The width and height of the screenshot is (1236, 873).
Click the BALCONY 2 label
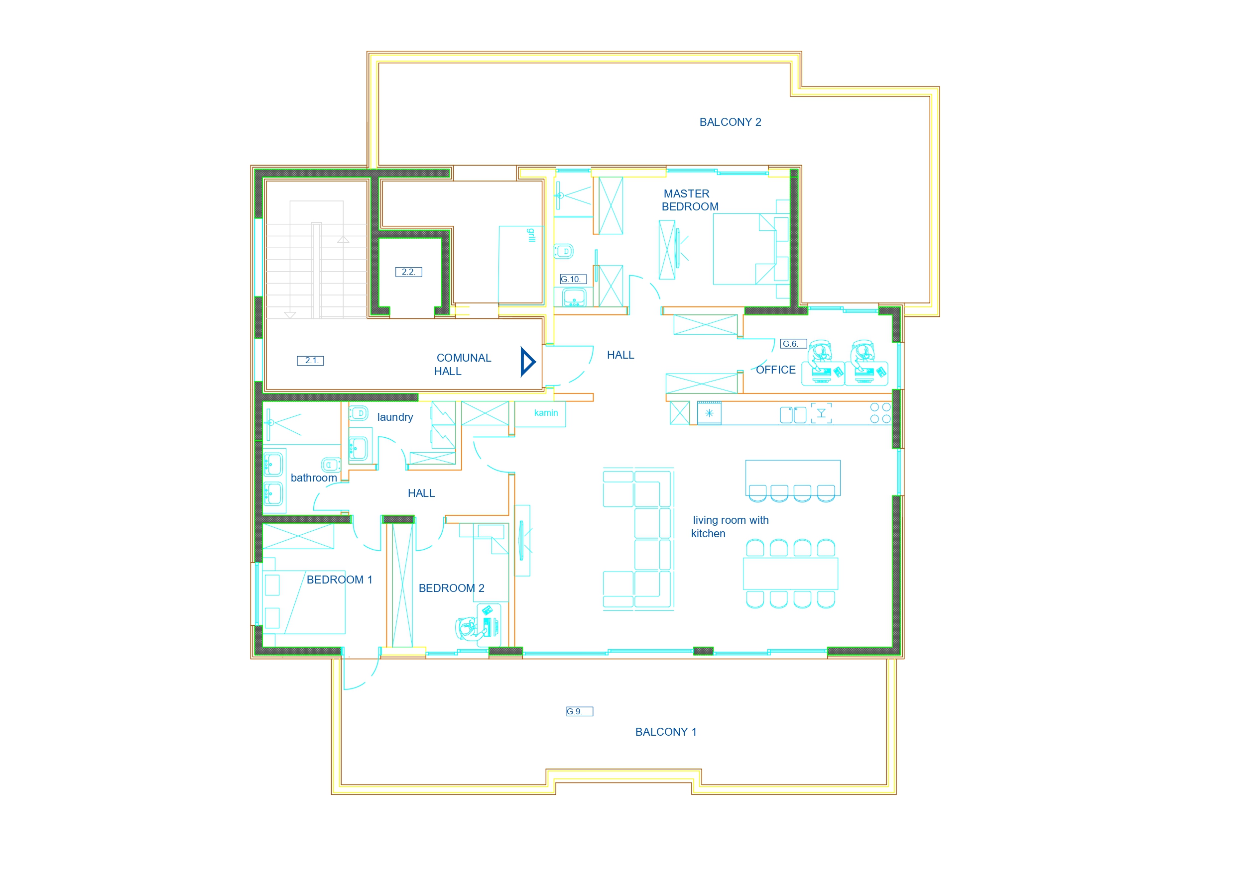click(x=730, y=122)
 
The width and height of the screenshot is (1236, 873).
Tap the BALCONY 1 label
click(x=666, y=732)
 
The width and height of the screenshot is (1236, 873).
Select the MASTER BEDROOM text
click(x=690, y=200)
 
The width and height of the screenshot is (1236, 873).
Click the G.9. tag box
click(x=579, y=712)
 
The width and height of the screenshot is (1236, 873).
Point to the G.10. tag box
click(x=573, y=279)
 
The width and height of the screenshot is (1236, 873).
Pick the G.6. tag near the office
click(x=793, y=344)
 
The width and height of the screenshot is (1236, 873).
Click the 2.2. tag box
click(x=408, y=272)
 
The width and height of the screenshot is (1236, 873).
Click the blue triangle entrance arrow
click(x=527, y=362)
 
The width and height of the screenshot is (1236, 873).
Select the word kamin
click(x=546, y=413)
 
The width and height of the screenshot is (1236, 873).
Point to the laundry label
click(x=395, y=417)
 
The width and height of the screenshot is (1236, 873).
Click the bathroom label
click(x=314, y=478)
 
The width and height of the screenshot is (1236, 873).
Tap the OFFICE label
click(x=776, y=370)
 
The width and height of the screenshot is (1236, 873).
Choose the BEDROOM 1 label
click(x=339, y=580)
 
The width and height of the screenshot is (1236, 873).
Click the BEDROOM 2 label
click(x=452, y=588)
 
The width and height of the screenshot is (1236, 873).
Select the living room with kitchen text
click(x=730, y=527)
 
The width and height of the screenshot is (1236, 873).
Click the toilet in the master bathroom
click(x=564, y=251)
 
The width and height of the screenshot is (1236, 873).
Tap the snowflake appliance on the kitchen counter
click(x=709, y=413)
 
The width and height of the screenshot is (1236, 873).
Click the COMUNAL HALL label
click(x=463, y=365)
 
